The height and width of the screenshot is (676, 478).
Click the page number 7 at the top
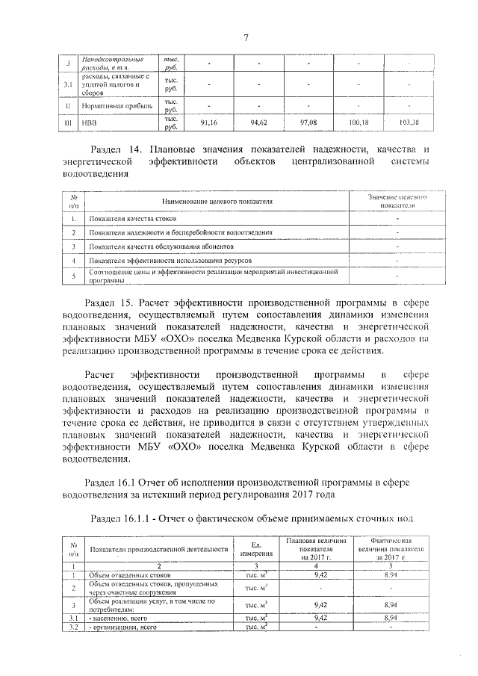[244, 39]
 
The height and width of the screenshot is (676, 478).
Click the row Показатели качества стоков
[134, 220]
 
